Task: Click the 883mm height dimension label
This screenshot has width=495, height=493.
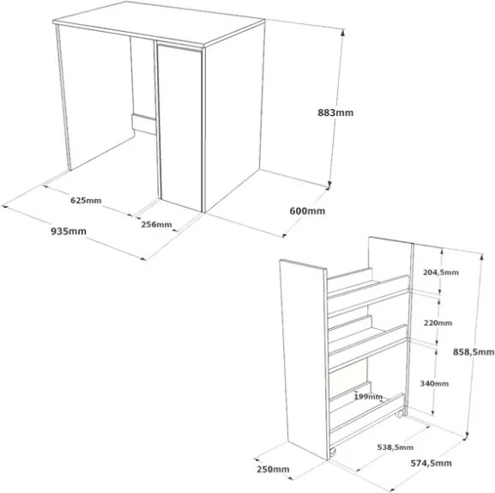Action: pos(335,113)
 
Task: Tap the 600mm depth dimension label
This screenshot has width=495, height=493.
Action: pos(307,210)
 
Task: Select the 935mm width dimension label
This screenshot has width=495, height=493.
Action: pos(69,231)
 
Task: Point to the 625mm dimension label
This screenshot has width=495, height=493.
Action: pos(86,200)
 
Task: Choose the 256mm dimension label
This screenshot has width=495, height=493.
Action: pos(156,224)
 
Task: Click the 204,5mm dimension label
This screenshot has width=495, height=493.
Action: pos(441,272)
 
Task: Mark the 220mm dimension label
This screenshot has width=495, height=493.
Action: pos(438,323)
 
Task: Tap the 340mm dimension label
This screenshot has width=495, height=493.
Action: pos(434,383)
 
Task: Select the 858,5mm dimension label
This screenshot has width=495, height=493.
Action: pos(474,351)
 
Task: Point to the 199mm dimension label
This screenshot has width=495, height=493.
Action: pos(368,396)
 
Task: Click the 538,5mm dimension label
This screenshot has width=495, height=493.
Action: pos(395,447)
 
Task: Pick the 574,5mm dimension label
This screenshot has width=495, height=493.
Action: pos(431,463)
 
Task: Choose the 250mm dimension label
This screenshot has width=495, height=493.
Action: pos(273,469)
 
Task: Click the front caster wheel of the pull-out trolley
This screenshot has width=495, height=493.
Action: pos(332,452)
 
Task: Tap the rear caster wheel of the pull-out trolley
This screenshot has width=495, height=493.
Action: pos(401,414)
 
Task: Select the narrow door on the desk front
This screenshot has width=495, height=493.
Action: pos(180,128)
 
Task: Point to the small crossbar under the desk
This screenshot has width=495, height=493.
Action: pos(144,124)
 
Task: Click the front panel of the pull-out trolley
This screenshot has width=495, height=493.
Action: pos(305,359)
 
